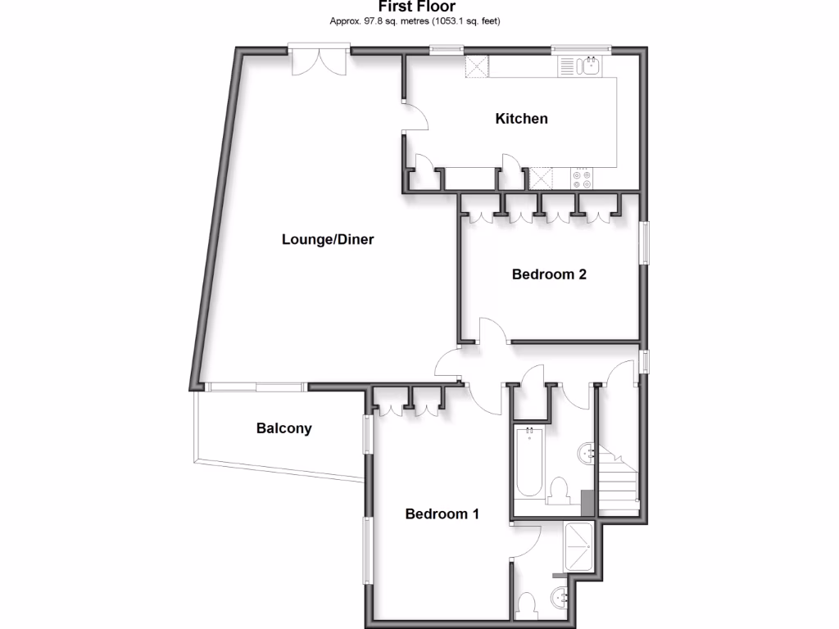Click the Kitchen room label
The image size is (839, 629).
pos(521,119)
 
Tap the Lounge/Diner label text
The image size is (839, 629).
pos(328,240)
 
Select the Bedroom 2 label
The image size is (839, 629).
pos(548,274)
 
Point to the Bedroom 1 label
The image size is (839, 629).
pos(442,514)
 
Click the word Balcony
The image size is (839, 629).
pos(283,428)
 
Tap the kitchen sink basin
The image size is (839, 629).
pos(588,66)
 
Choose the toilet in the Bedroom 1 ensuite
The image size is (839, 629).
pos(527,604)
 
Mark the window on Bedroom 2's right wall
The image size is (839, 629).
pos(644,243)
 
